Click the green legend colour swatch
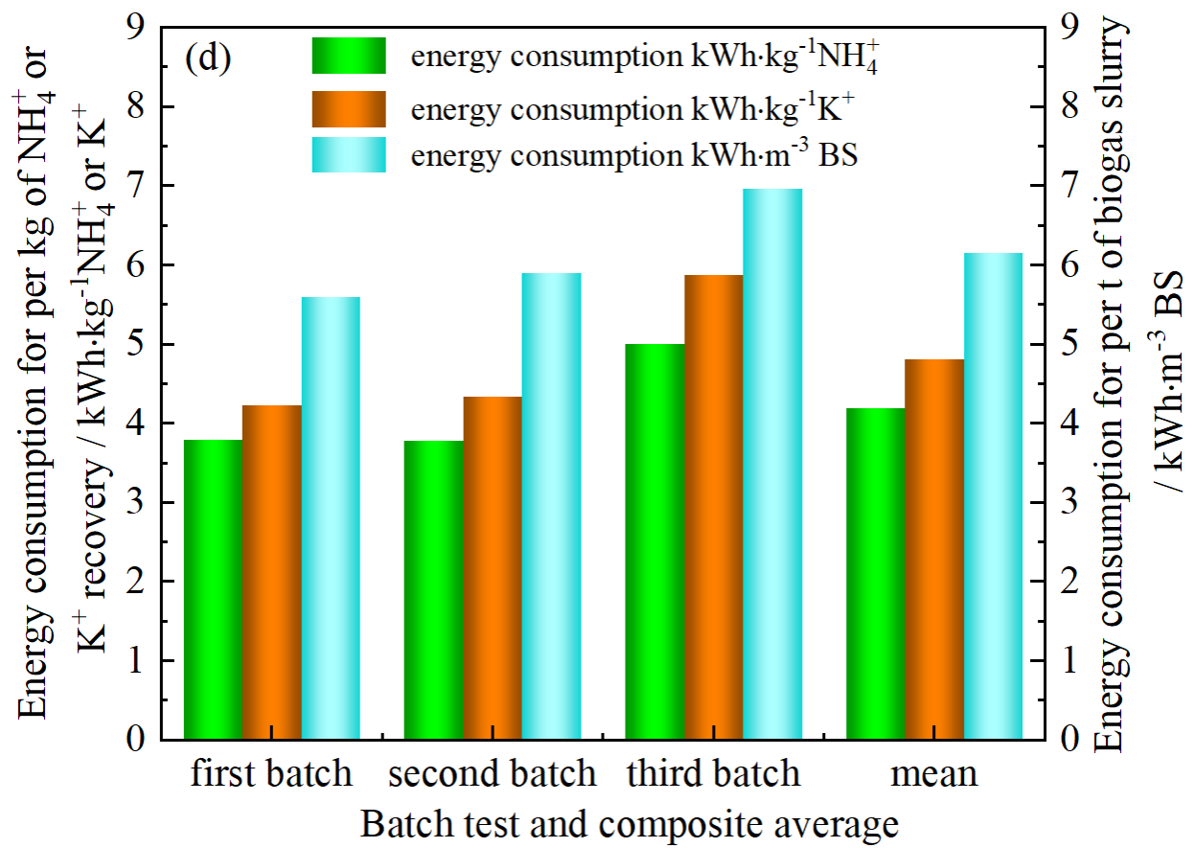coord(349,56)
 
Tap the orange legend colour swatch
coord(349,109)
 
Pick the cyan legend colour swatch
coord(349,155)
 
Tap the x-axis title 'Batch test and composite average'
coord(630,822)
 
